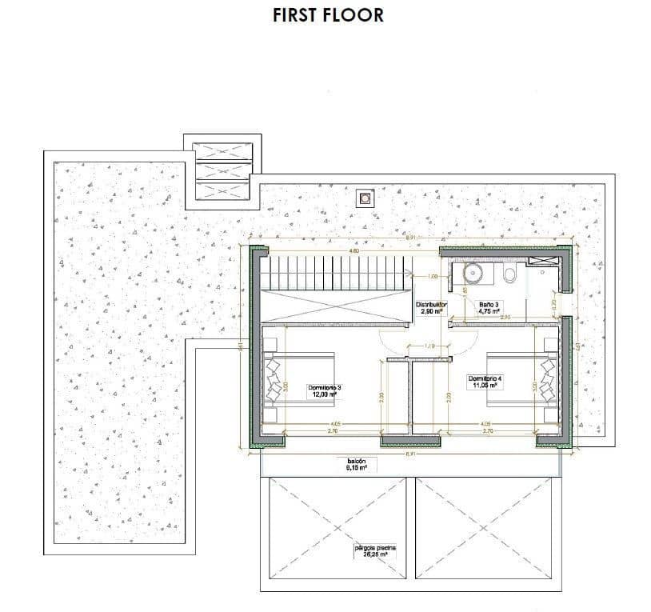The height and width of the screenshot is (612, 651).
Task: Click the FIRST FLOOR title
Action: coord(328,14)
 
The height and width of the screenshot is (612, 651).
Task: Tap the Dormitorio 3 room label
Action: coord(325,390)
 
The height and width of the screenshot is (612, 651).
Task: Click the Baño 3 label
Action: coord(489,307)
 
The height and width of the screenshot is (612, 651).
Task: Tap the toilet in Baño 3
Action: coord(509,276)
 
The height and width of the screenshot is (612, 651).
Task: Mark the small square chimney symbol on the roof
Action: coord(366,197)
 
